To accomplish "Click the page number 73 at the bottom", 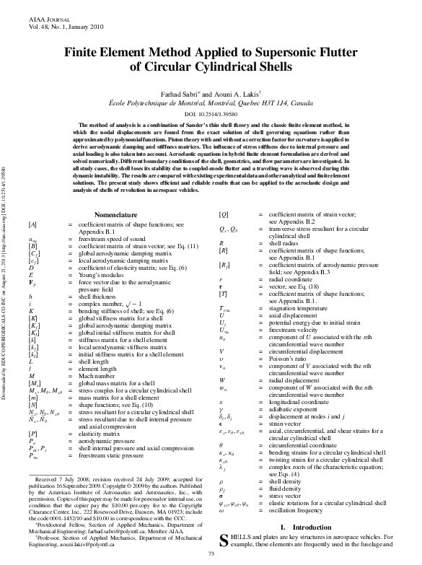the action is pos(211,553).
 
